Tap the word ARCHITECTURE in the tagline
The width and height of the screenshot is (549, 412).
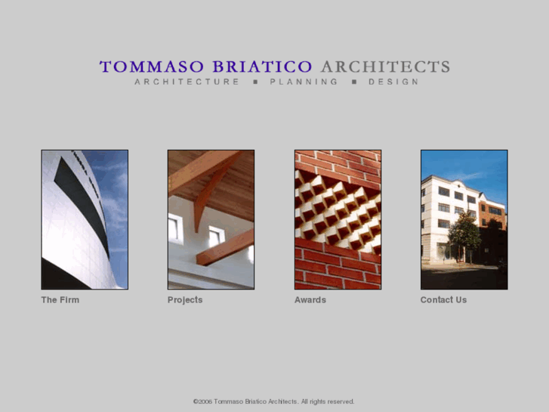click(187, 82)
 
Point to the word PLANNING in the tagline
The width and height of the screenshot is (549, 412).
click(304, 82)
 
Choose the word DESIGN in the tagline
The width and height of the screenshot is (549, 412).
click(393, 82)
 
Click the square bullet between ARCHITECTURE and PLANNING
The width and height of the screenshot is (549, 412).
click(254, 82)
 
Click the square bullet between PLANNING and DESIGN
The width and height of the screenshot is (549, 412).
click(353, 82)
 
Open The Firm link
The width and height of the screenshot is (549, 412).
click(60, 300)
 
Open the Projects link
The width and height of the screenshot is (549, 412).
click(185, 300)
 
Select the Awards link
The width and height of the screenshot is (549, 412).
click(310, 300)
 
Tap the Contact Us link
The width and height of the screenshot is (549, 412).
click(443, 300)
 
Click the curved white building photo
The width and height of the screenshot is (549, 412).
click(85, 219)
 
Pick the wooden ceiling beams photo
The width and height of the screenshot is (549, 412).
click(211, 219)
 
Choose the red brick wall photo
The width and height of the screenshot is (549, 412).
click(338, 219)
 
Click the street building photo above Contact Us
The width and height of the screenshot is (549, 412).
click(464, 219)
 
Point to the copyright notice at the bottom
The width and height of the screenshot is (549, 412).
click(273, 401)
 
